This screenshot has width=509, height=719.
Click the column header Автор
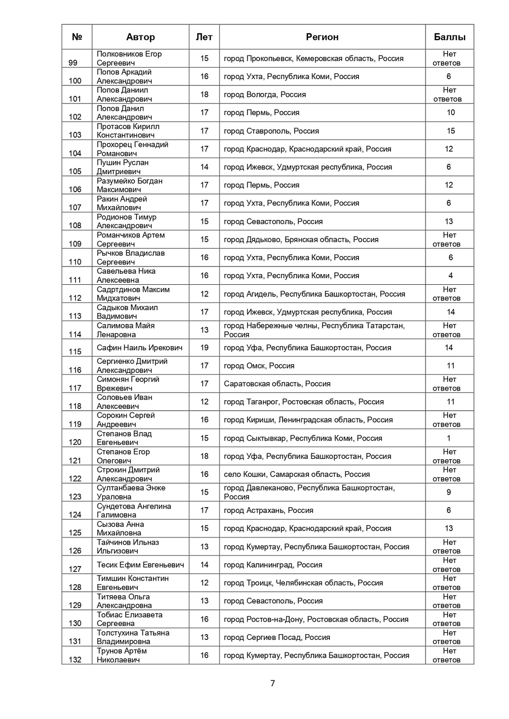pos(140,37)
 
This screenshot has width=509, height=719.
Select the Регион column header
pos(322,37)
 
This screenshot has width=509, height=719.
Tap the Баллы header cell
pos(450,37)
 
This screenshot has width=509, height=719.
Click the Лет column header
pos(204,37)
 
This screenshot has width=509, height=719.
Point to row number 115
pos(75,351)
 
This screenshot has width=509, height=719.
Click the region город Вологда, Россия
pos(265,94)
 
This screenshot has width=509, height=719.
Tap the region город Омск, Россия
pos(259,366)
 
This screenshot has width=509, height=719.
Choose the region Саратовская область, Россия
pos(277,383)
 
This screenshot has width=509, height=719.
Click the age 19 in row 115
pos(204,348)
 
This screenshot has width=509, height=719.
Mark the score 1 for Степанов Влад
pos(449,438)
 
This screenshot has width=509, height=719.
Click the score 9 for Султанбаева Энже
pos(449,492)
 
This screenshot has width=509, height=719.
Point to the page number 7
pos(272,684)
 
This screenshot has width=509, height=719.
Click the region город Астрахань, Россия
pos(268,510)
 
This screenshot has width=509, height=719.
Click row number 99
pos(73,63)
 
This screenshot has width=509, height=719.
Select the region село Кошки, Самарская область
pos(296,474)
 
